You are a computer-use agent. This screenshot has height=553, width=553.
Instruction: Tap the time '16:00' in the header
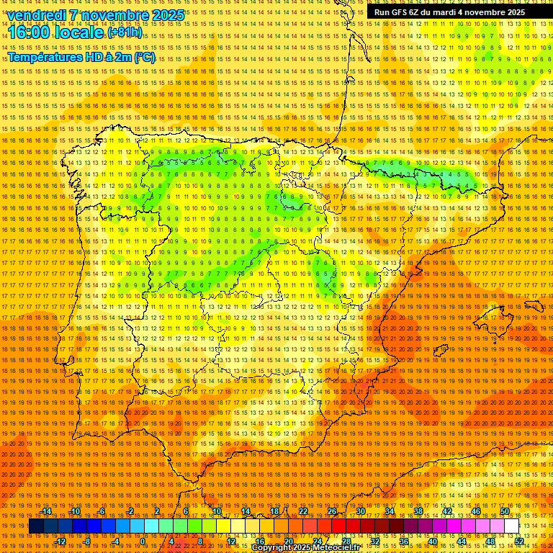(30, 32)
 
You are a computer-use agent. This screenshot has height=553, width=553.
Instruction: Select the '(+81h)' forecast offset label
(125, 33)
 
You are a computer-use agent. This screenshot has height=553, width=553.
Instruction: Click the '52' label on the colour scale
(518, 541)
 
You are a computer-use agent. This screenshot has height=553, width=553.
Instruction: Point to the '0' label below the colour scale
(143, 541)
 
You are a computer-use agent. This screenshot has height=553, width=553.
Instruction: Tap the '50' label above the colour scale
(505, 511)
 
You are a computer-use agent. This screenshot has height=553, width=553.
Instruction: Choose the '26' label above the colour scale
(332, 511)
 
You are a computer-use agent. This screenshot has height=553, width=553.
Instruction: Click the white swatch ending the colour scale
(511, 526)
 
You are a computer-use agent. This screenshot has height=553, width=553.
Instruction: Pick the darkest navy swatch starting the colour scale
(36, 526)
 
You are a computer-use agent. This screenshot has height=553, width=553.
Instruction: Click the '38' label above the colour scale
(418, 511)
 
